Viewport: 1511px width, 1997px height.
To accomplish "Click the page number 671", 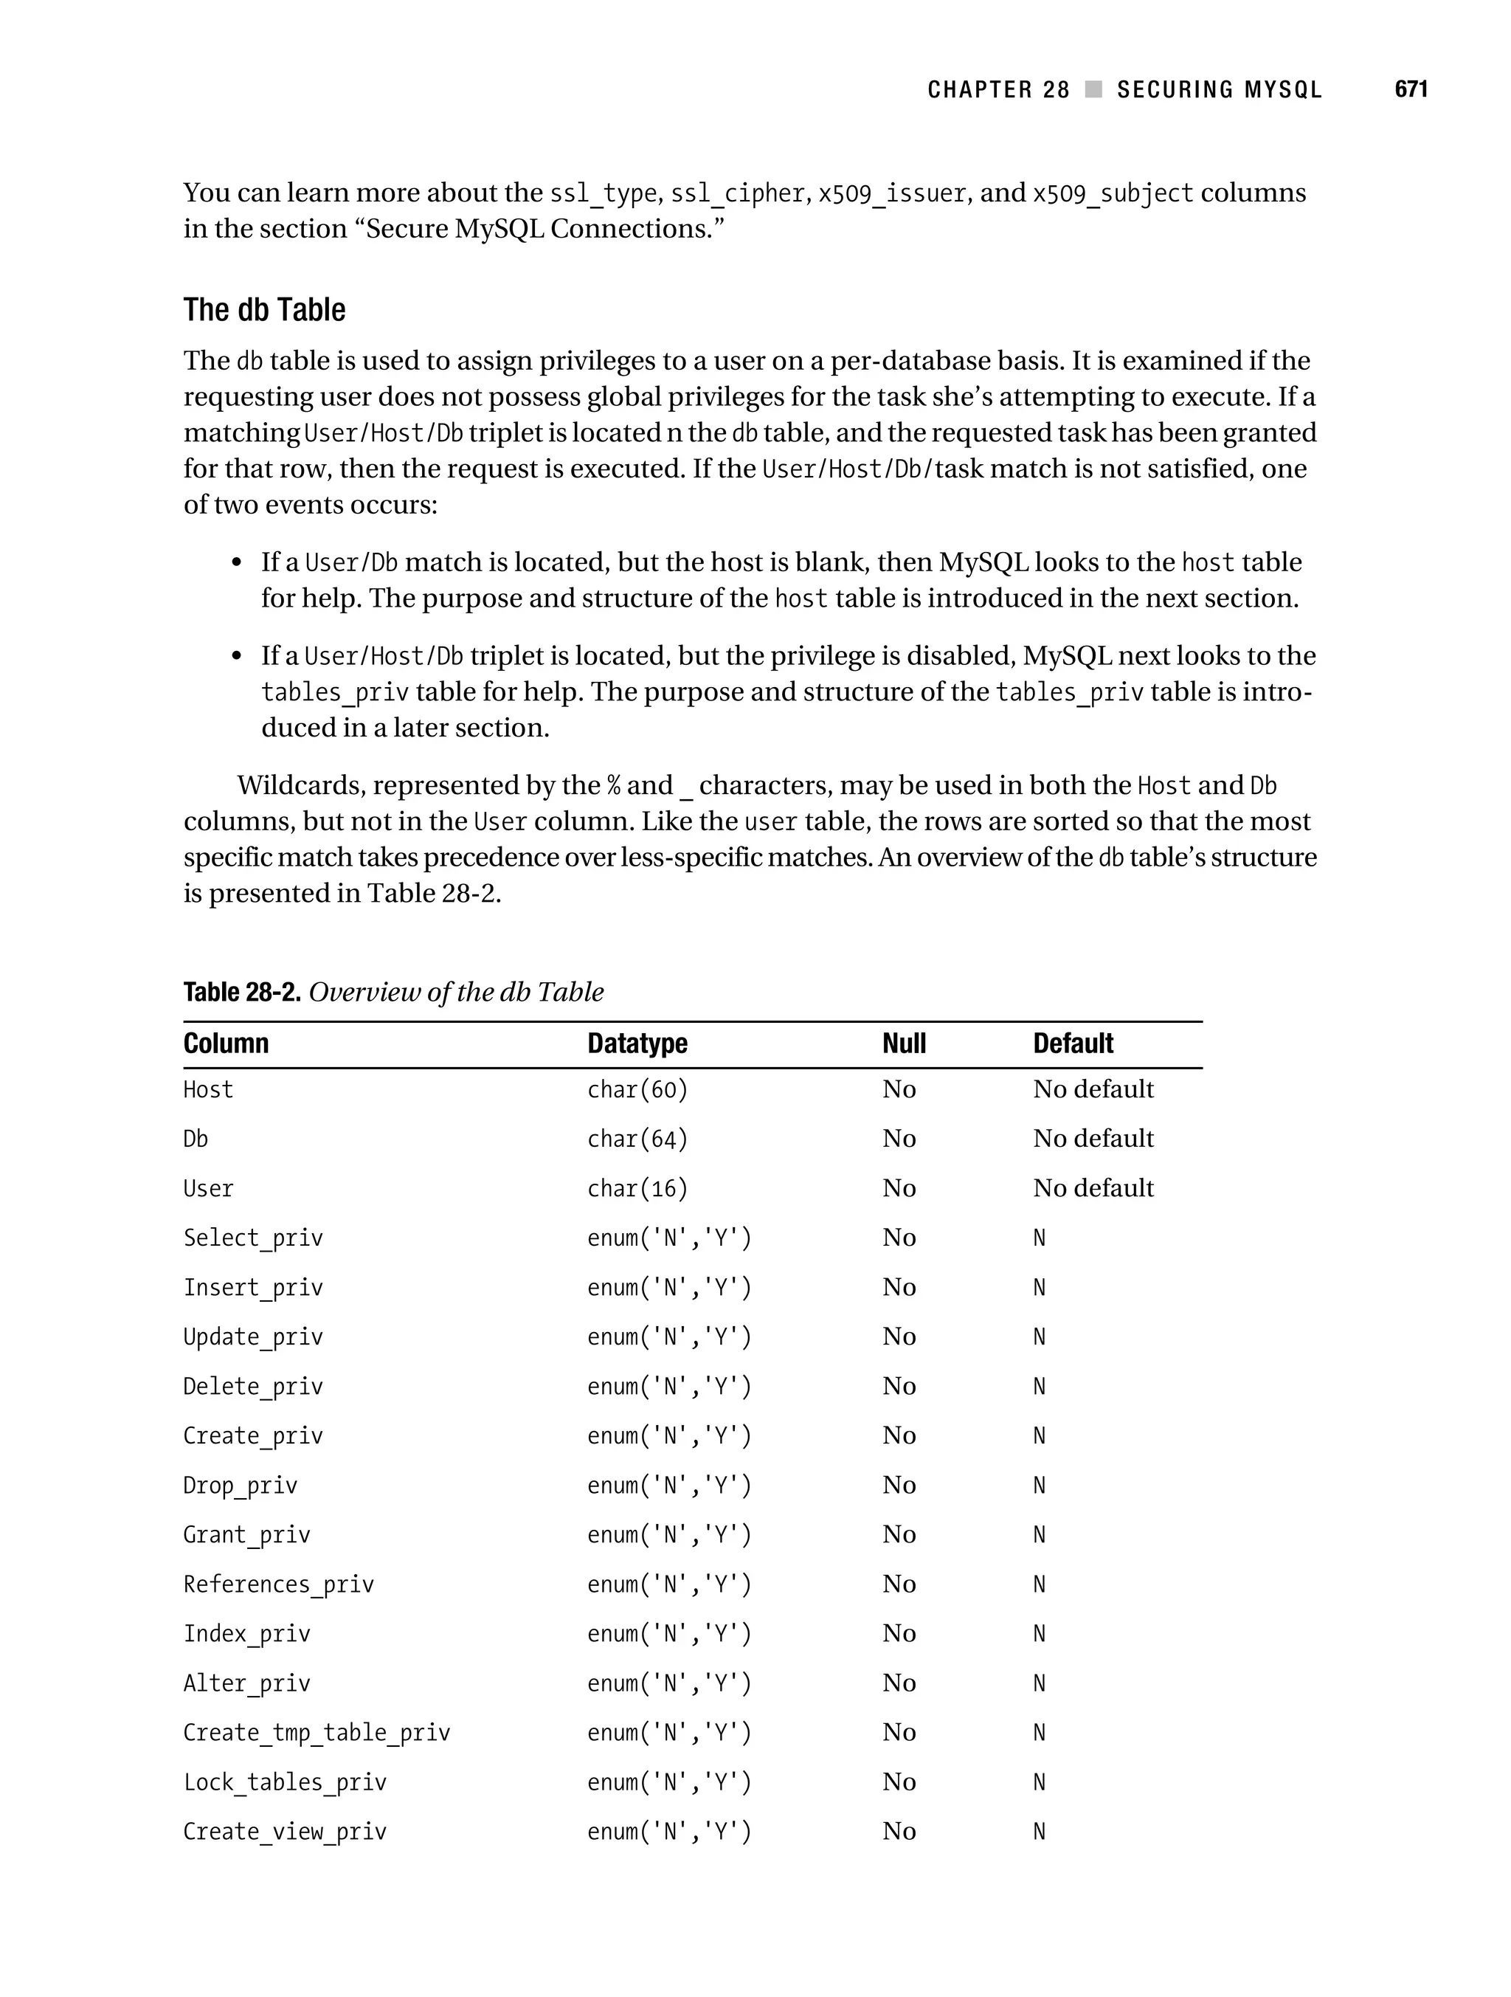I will [1410, 89].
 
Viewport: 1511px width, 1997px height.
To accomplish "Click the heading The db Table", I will [264, 310].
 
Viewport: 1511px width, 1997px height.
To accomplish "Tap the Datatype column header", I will [637, 1044].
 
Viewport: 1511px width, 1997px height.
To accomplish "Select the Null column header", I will [904, 1044].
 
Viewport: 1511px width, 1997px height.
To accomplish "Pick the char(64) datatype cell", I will [637, 1139].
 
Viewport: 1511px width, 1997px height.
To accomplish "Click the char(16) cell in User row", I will [637, 1189].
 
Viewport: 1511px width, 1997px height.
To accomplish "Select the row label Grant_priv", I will [246, 1535].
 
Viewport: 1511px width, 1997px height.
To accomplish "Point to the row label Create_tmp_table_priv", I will [316, 1733].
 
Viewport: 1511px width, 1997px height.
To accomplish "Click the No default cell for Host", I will [1093, 1090].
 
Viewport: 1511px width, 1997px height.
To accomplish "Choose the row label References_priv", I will [278, 1584].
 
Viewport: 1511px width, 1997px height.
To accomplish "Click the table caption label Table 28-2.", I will [241, 992].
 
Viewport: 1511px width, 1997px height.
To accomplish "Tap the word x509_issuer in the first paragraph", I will [892, 194].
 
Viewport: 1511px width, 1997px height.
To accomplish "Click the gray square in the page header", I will [1093, 89].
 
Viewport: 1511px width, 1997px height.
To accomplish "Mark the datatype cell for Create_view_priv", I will [669, 1832].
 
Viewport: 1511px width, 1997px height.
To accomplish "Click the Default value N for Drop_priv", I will [1039, 1485].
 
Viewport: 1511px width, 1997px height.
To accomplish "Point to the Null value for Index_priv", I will [899, 1633].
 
